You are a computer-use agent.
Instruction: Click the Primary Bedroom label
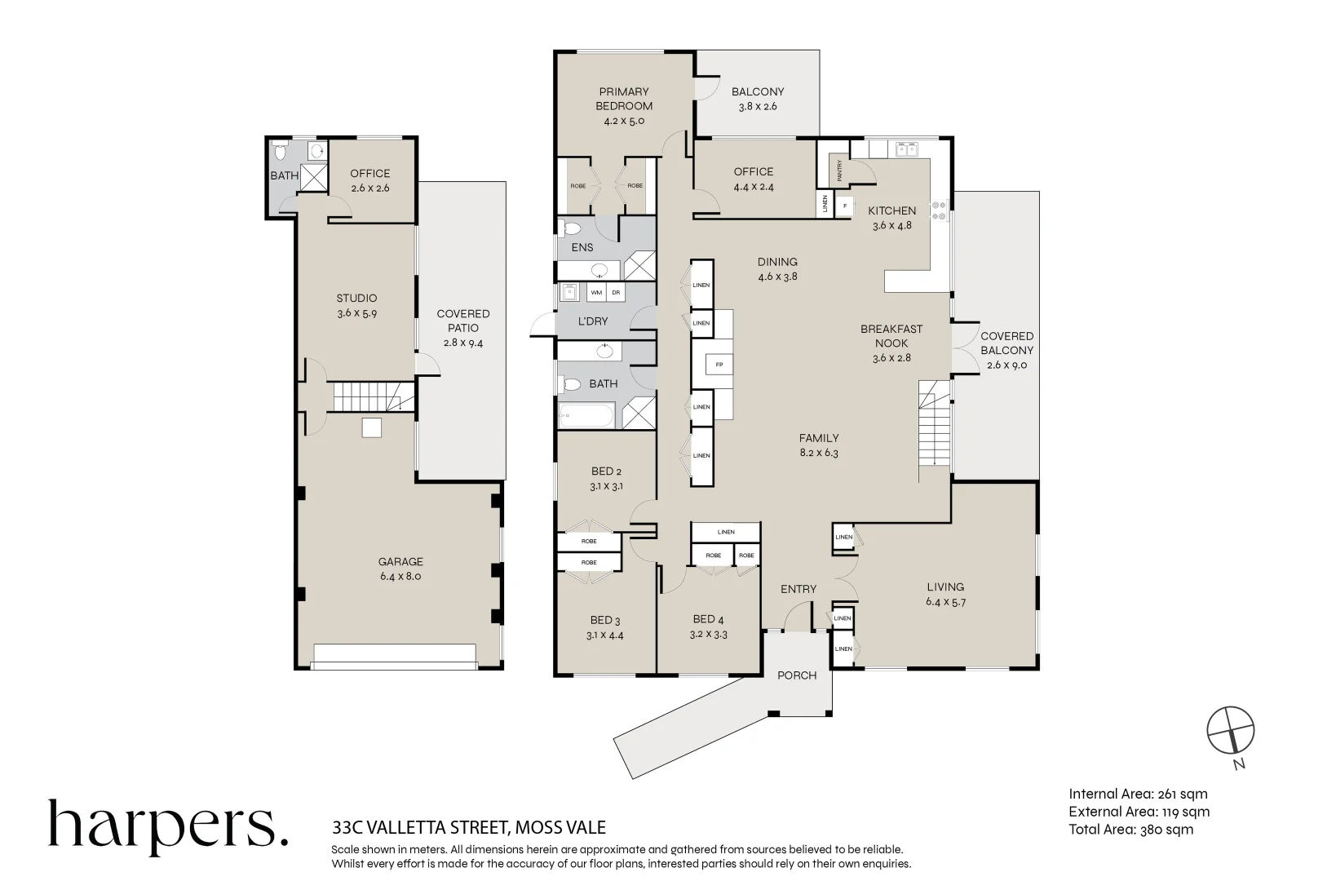pyautogui.click(x=624, y=99)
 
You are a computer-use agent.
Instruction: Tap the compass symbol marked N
pyautogui.click(x=1231, y=729)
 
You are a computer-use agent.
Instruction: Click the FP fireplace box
pyautogui.click(x=719, y=365)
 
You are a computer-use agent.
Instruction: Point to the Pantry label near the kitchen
pyautogui.click(x=839, y=170)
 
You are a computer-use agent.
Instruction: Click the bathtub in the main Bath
pyautogui.click(x=589, y=418)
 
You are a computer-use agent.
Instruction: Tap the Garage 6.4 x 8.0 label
pyautogui.click(x=400, y=569)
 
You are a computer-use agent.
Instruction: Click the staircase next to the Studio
pyautogui.click(x=371, y=397)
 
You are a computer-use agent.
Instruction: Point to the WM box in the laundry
pyautogui.click(x=596, y=292)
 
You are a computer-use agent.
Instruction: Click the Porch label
pyautogui.click(x=797, y=675)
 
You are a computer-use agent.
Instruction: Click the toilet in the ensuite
pyautogui.click(x=571, y=228)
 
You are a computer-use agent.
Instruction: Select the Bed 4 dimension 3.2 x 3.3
pyautogui.click(x=709, y=634)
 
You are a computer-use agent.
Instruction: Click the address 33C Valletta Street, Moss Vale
pyautogui.click(x=469, y=828)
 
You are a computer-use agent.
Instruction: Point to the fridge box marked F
pyautogui.click(x=845, y=206)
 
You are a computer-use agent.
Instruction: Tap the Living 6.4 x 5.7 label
pyautogui.click(x=945, y=594)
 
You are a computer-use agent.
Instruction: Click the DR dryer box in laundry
pyautogui.click(x=617, y=292)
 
